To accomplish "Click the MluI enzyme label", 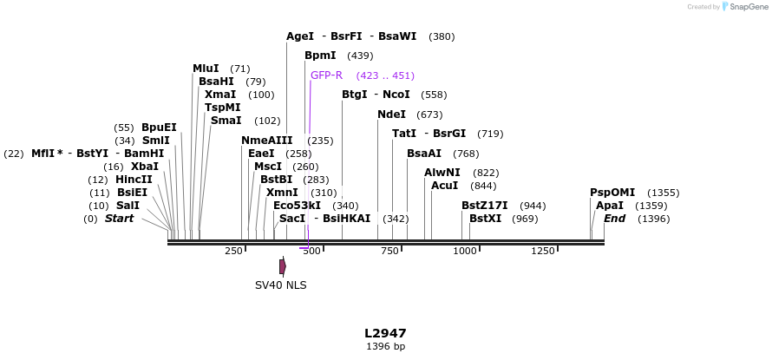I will (206, 69).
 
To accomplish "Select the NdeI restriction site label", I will (391, 115).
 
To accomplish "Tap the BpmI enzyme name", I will (320, 56).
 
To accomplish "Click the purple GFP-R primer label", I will (326, 75).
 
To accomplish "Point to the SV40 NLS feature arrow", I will (283, 267).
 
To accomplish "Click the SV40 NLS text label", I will (280, 285).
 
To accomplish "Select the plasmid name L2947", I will (385, 333).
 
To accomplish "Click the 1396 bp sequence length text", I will (385, 347).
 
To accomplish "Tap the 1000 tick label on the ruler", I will (465, 252).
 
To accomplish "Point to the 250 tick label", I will (233, 252).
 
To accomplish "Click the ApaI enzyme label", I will (610, 206).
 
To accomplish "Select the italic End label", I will (614, 219).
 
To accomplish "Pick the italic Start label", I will (120, 219).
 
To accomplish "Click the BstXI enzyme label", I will (485, 219).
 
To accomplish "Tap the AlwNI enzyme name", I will (442, 173).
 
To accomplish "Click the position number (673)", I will (429, 115).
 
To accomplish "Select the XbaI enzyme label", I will (144, 167).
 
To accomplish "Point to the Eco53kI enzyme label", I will (297, 206).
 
